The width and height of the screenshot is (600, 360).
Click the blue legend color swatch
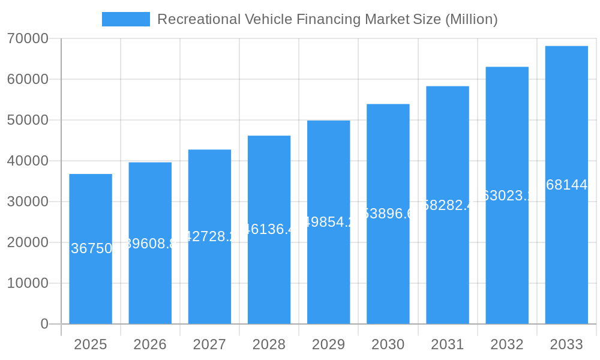126,19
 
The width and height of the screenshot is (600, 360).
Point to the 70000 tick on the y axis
28,38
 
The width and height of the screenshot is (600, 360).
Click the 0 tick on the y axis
44,324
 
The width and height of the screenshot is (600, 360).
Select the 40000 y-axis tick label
28,161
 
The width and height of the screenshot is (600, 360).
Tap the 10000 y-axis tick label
28,283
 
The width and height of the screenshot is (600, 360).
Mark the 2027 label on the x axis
209,344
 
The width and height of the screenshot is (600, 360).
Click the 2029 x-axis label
328,344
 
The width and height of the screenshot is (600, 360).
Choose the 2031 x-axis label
448,344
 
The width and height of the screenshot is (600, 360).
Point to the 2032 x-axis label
507,344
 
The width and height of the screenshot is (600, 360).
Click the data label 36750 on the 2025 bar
91,248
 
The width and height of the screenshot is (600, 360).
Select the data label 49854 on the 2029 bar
328,222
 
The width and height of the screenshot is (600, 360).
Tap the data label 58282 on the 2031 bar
448,205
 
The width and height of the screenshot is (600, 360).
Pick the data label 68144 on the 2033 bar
566,185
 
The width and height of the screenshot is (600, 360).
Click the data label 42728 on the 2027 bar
209,236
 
